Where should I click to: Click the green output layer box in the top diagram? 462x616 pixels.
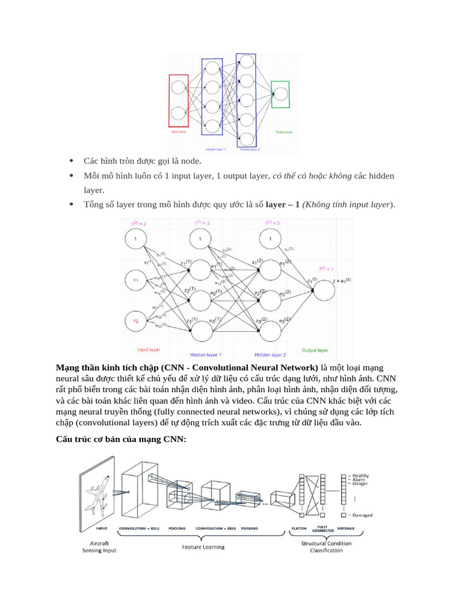280,94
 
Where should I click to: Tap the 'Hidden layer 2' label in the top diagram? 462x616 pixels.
250,149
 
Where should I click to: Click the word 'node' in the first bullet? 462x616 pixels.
192,161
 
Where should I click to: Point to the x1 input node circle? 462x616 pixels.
136,280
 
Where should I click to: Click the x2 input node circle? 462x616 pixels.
136,321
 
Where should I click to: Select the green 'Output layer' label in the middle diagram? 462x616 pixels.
315,350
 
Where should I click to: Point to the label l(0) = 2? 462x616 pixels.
138,224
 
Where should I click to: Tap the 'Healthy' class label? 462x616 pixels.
361,476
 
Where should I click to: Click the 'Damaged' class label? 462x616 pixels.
362,516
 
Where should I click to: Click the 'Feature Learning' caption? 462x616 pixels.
203,547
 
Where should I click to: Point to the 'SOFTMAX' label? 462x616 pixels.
346,529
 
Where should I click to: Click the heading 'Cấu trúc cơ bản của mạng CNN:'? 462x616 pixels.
121,440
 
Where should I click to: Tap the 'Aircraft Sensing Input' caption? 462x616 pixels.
100,547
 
